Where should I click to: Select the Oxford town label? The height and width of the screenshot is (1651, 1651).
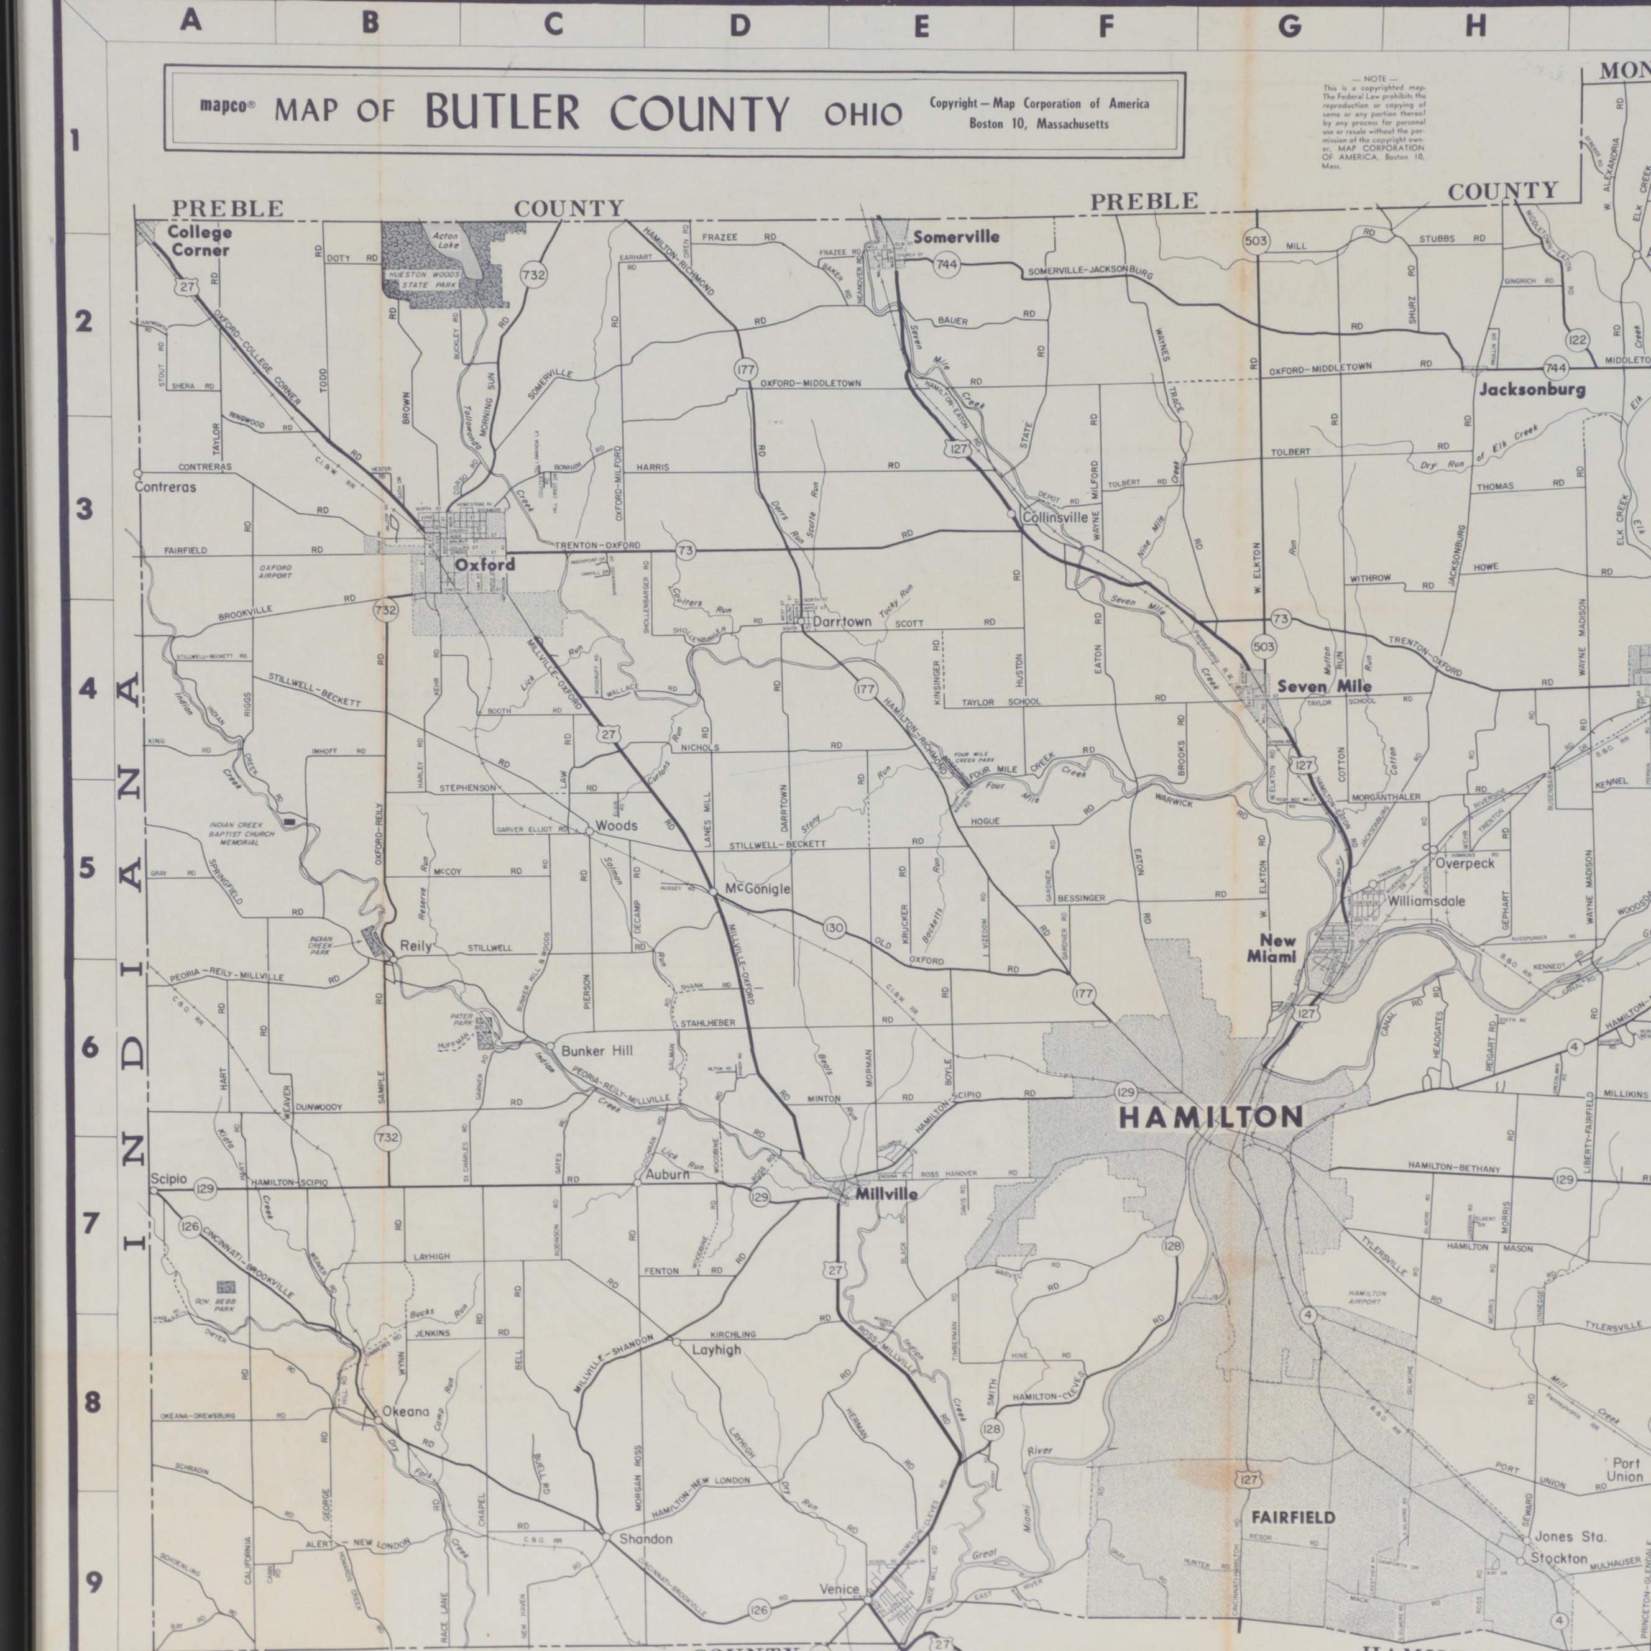(484, 565)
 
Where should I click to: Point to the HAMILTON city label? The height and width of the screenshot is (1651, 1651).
(1211, 1117)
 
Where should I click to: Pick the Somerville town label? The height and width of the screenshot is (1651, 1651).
(956, 237)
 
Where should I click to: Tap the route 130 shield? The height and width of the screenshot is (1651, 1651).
(835, 928)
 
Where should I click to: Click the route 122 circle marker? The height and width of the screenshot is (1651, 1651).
(1576, 340)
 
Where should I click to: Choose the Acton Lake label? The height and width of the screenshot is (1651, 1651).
(445, 240)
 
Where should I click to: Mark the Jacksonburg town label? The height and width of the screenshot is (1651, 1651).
(1532, 390)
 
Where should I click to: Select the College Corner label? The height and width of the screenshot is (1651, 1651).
(198, 241)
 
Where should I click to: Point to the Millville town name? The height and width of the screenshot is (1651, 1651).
(886, 1194)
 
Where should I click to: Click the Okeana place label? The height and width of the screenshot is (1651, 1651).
(405, 1412)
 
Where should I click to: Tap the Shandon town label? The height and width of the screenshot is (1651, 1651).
(645, 1539)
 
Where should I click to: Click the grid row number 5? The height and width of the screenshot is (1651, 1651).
(87, 869)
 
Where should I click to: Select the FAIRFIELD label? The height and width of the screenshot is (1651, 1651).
(1292, 1518)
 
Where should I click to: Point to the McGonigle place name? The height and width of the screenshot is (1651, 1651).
(757, 890)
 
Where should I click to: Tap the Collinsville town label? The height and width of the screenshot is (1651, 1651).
(1054, 517)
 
